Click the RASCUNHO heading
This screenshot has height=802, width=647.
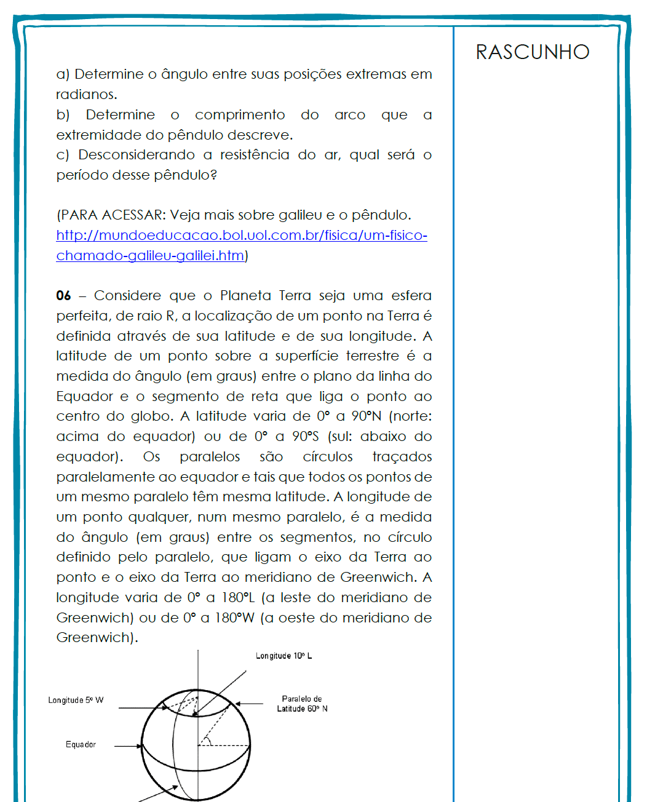pos(533,52)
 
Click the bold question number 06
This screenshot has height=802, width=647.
pos(63,296)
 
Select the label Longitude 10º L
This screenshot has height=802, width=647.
pos(284,656)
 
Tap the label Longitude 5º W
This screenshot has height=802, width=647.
pos(76,701)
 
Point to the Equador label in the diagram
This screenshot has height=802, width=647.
pos(81,745)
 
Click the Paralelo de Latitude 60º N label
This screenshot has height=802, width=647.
pos(302,704)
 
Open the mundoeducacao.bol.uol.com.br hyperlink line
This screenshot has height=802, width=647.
pos(242,236)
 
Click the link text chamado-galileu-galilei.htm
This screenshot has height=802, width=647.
pos(150,256)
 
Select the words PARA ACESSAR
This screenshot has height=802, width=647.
pos(111,215)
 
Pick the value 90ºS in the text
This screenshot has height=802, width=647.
pos(305,437)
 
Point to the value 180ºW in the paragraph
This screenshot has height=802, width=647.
pos(234,618)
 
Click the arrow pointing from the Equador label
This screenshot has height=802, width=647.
pos(128,746)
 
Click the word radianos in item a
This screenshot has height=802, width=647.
pos(85,95)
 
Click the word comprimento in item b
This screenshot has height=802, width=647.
pos(240,115)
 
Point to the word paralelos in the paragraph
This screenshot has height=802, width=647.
pos(210,457)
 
